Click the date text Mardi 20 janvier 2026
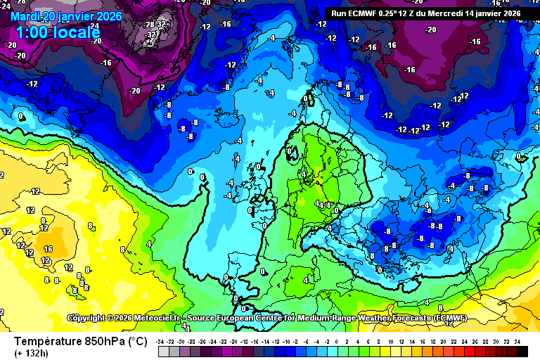point(67,16)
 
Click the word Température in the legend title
point(51,342)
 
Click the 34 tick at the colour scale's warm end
point(517,341)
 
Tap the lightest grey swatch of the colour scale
point(163,351)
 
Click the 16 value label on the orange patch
point(48,249)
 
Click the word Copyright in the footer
point(90,319)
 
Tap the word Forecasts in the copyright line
point(406,319)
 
